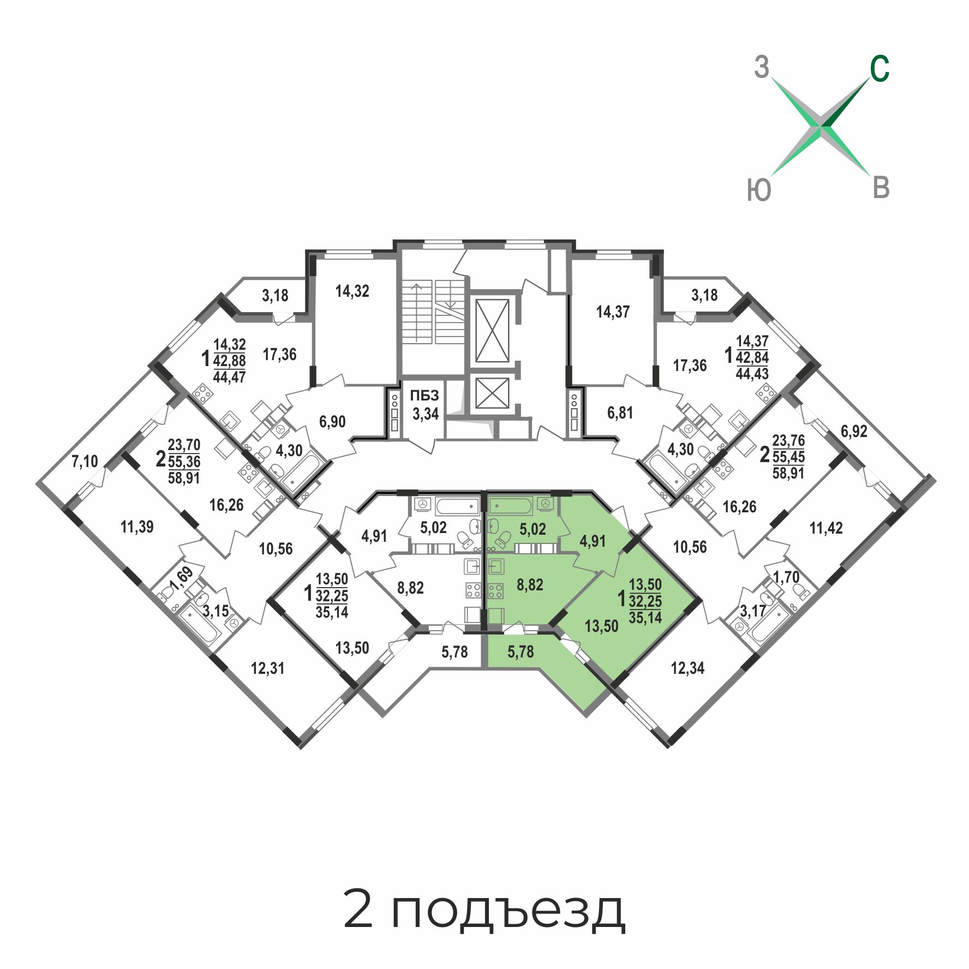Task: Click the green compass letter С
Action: point(880,69)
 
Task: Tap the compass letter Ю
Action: point(759,190)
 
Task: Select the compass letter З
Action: point(762,68)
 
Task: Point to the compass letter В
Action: point(881,187)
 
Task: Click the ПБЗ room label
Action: point(424,396)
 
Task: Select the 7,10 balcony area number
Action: point(85,462)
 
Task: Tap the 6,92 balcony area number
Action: point(854,432)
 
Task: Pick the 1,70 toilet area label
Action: point(786,576)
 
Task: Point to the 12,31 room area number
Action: point(267,668)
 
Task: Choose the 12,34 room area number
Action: point(687,668)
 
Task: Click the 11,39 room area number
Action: point(137,527)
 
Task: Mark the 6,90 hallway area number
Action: point(332,421)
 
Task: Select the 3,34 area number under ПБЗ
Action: point(426,414)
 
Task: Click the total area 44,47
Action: point(229,376)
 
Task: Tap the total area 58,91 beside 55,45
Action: point(788,472)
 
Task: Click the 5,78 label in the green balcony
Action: point(521,651)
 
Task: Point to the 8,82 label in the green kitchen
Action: point(530,585)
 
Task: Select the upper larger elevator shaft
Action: point(492,330)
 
